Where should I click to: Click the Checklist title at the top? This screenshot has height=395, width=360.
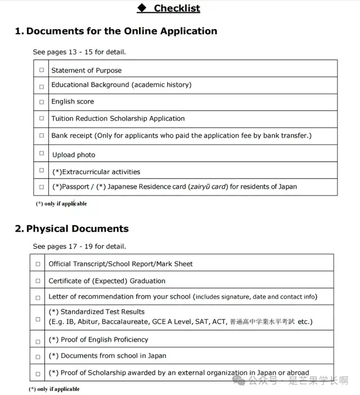coord(177,8)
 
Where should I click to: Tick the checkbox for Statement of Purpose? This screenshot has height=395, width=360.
coord(41,70)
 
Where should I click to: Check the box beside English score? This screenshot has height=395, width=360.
coord(41,102)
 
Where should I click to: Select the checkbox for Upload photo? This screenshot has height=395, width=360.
coord(41,153)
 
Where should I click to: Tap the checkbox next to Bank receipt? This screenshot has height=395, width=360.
coord(41,135)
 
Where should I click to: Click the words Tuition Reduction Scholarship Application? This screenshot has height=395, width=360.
coord(118,119)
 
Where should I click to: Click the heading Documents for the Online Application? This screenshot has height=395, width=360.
coord(121,31)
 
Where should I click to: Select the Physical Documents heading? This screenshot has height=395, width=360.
coord(77,229)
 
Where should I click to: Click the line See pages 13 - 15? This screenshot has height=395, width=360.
coord(79,52)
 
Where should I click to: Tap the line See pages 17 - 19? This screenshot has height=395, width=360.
coord(79,246)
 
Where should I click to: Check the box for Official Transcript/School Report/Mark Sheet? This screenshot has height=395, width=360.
coord(38,264)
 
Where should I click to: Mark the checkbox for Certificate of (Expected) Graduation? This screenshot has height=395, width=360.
coord(38,281)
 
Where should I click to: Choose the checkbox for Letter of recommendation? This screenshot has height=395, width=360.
coord(38,297)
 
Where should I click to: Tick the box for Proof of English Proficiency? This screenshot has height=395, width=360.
coord(38,341)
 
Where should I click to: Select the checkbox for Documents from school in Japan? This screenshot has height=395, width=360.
coord(38,356)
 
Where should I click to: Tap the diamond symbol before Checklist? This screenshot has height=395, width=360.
coord(142,8)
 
